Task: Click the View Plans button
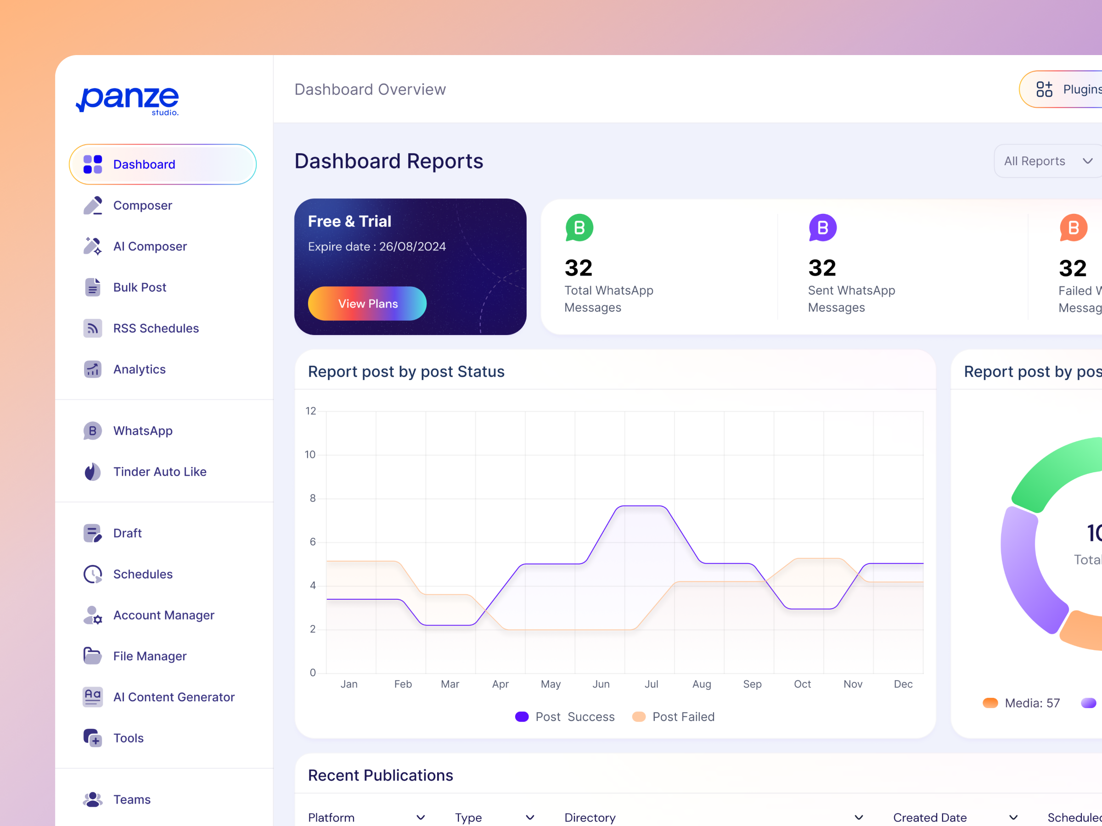(367, 303)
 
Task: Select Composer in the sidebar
(142, 205)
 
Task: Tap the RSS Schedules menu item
(156, 328)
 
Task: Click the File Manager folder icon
(93, 656)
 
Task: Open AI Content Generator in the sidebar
(174, 697)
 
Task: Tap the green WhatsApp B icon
(579, 228)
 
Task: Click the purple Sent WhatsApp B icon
(822, 228)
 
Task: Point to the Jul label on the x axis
(651, 684)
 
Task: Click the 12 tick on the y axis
(311, 411)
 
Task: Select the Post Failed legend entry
(682, 716)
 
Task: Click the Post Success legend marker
(522, 716)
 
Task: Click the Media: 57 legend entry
(1031, 703)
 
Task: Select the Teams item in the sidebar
(131, 799)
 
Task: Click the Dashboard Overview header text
(370, 89)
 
